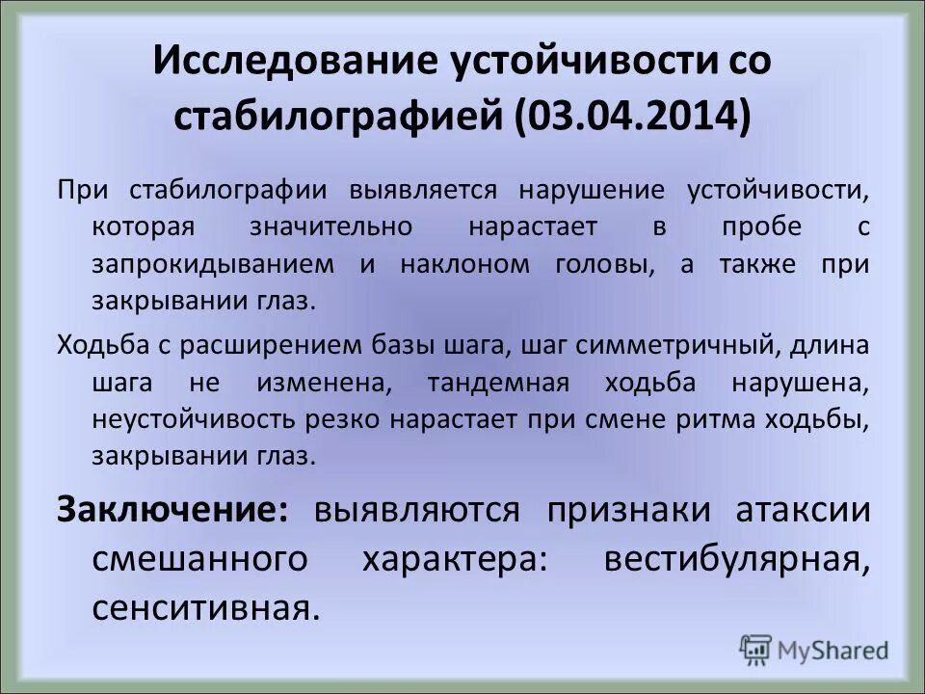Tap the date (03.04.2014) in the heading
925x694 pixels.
634,118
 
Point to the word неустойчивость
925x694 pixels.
213,418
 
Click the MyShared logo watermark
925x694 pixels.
814,648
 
